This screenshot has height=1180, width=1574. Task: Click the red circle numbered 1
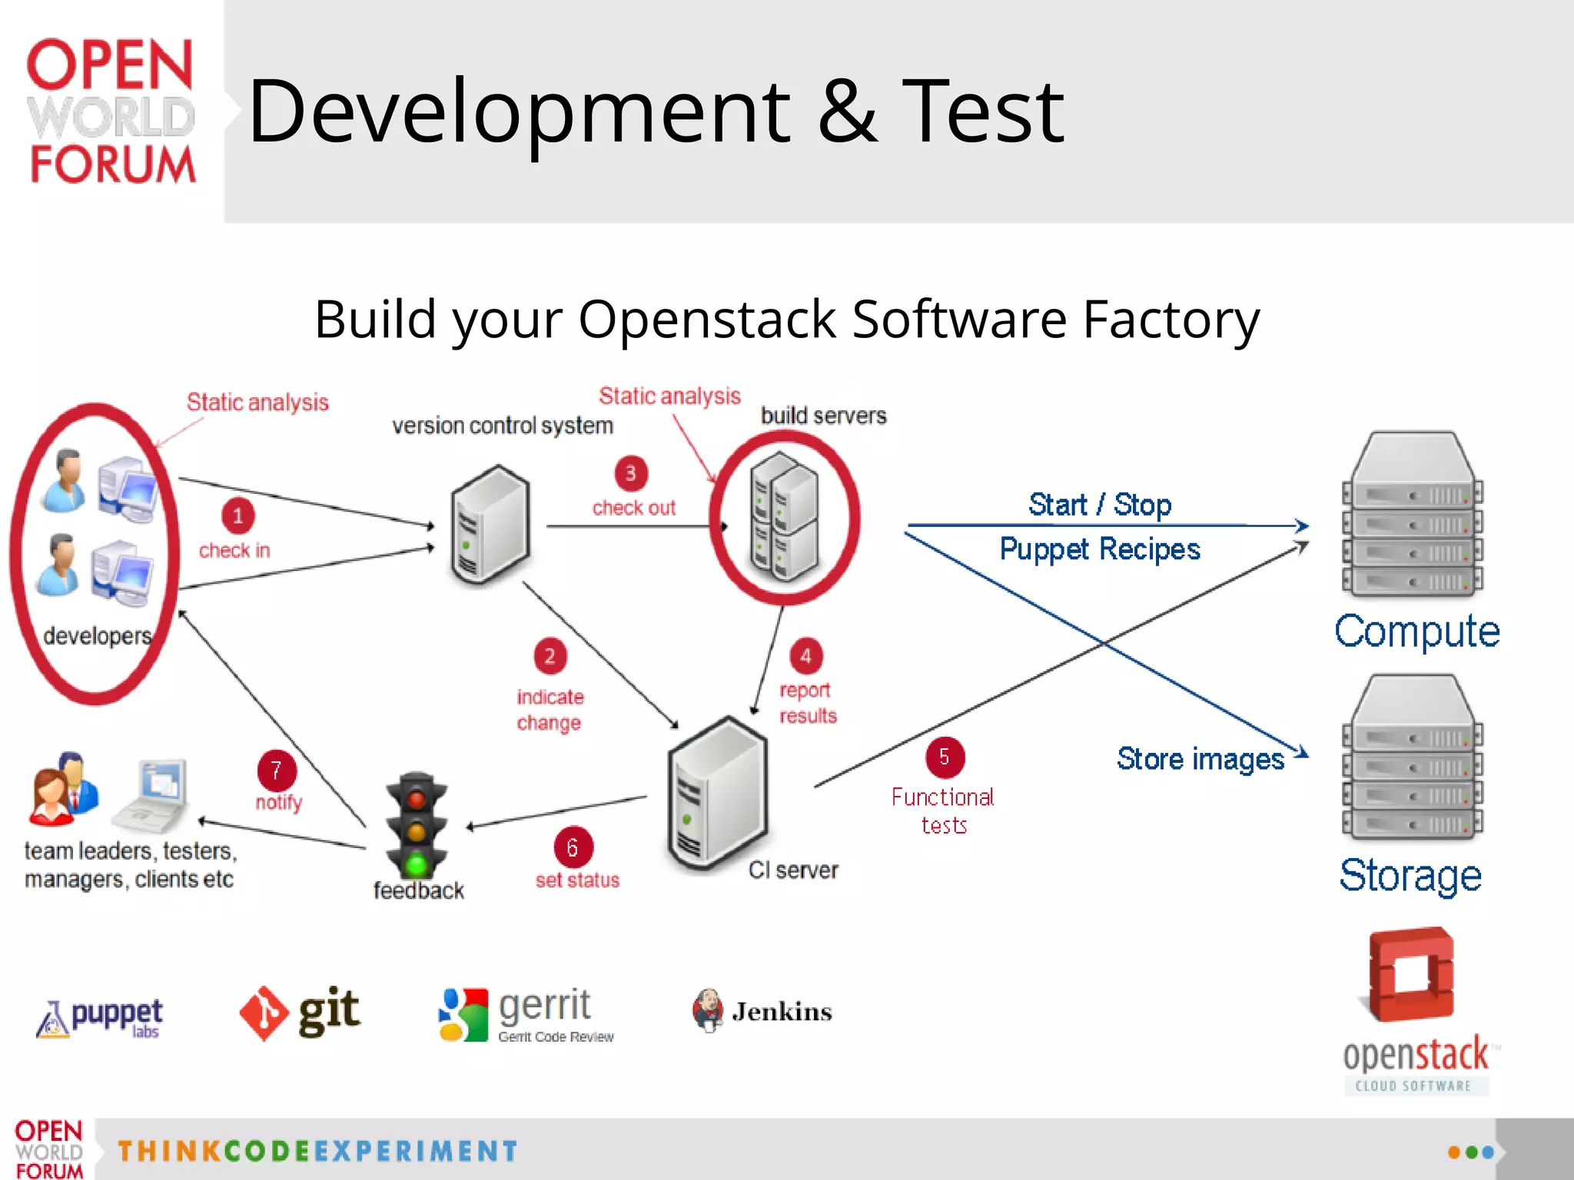[x=237, y=515]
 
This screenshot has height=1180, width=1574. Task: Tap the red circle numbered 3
[x=630, y=473]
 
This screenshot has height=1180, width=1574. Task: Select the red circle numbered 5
[x=945, y=757]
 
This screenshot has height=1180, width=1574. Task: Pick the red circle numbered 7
[x=276, y=771]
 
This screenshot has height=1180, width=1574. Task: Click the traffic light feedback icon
[x=417, y=826]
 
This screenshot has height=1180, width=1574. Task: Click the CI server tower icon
[x=718, y=795]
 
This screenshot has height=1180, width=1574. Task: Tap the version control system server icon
[x=490, y=525]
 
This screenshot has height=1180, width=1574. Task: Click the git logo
[x=300, y=1013]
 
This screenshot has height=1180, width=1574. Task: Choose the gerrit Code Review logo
[x=527, y=1014]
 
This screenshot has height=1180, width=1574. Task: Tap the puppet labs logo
[x=100, y=1018]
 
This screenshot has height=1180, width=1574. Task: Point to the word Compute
[x=1416, y=631]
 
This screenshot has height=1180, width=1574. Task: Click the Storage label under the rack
[x=1410, y=876]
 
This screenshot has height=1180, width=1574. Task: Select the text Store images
[x=1200, y=759]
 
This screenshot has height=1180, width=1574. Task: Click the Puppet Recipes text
[x=1099, y=549]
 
